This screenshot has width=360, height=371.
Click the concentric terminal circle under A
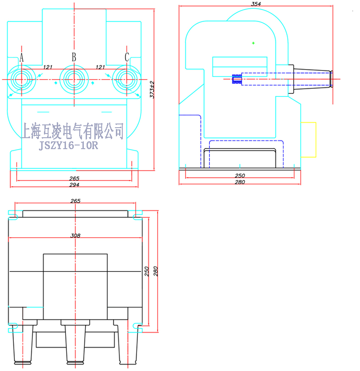point(21,80)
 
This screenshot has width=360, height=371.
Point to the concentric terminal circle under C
point(126,80)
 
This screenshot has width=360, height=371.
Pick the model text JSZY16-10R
point(69,145)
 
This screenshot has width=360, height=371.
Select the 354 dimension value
point(256,4)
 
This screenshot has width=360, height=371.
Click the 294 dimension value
point(74,185)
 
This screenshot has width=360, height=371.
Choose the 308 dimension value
point(76,236)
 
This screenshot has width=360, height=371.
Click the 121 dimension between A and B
point(48,67)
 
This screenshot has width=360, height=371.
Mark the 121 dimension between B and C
point(100,67)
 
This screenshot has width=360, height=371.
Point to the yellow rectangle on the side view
point(308,140)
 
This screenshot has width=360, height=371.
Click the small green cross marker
point(253,43)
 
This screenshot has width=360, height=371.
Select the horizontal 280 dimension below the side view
point(240,182)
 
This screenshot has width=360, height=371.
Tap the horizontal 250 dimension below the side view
point(240,176)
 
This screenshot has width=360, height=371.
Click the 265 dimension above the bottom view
point(76,201)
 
